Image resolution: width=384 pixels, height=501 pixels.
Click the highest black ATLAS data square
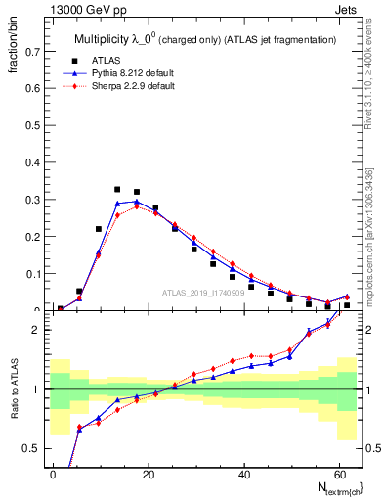coord(117,190)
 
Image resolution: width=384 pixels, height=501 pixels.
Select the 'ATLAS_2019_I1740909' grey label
coord(203,292)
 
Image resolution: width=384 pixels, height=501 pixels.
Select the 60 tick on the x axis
coord(338,473)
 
